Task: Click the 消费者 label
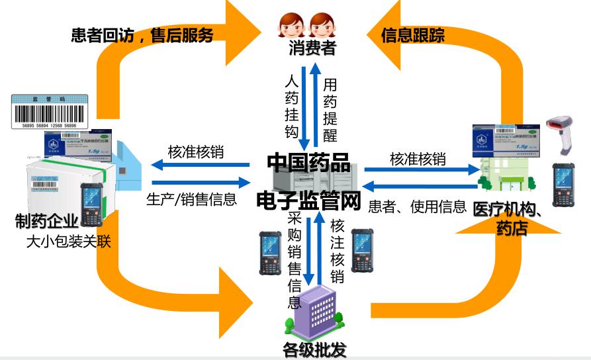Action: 312,48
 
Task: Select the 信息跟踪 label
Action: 413,34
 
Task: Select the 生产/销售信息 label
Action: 191,199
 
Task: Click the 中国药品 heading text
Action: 308,162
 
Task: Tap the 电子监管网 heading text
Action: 308,202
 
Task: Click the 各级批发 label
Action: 314,349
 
